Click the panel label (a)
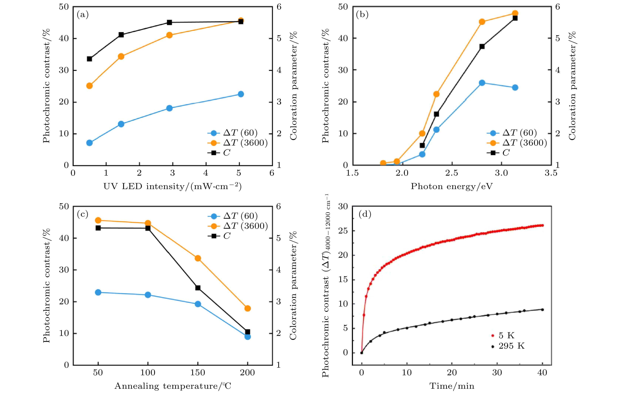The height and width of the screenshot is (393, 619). (83, 15)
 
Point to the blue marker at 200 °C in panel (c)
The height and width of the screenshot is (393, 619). (248, 336)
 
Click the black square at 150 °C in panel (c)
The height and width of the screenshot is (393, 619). (198, 288)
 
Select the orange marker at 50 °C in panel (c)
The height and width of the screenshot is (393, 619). (98, 220)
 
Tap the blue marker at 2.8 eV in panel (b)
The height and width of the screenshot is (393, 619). (482, 83)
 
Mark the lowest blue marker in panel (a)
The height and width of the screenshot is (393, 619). (90, 143)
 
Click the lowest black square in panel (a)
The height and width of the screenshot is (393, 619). (90, 59)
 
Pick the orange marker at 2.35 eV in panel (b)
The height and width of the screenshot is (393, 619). (436, 94)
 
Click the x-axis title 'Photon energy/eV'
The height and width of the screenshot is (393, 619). (452, 186)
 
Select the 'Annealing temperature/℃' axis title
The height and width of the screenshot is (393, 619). (173, 386)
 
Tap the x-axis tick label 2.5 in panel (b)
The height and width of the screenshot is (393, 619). (452, 173)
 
